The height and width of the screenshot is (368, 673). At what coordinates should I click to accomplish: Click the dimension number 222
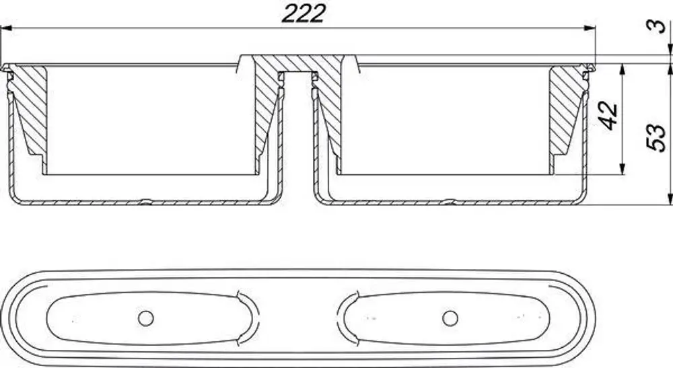pos(304,13)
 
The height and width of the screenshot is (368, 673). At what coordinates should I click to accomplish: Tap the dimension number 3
pos(656,26)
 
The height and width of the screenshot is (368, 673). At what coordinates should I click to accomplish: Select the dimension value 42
pos(608,115)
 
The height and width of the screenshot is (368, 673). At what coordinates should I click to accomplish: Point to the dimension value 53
pos(656,137)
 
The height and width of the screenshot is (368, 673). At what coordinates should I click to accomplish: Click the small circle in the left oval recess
pos(146,318)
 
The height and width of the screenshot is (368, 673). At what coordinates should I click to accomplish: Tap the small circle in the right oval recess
pos(450,318)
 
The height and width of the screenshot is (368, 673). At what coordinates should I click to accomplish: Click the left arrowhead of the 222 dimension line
pos(6,28)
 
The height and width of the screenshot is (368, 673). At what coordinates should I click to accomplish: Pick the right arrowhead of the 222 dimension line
pos(590,28)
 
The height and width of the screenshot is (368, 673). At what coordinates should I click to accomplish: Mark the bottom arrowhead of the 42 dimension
pos(622,169)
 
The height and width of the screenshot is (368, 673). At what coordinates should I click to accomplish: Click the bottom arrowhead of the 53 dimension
pos(670,199)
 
